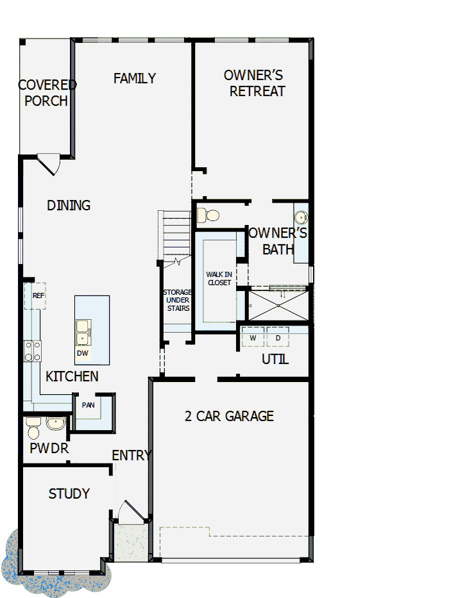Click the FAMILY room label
(135, 78)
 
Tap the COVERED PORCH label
(47, 93)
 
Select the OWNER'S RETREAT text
(255, 83)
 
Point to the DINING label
(69, 206)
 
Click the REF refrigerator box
(38, 295)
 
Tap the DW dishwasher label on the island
(82, 353)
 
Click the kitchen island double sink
(83, 331)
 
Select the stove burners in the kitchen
(32, 351)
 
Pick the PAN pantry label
(88, 405)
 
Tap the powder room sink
(55, 424)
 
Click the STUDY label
(69, 494)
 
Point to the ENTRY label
(131, 456)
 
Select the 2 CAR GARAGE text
(229, 417)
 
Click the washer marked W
(253, 338)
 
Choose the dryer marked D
(278, 338)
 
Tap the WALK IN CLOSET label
(219, 278)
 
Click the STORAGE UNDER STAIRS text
(177, 300)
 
